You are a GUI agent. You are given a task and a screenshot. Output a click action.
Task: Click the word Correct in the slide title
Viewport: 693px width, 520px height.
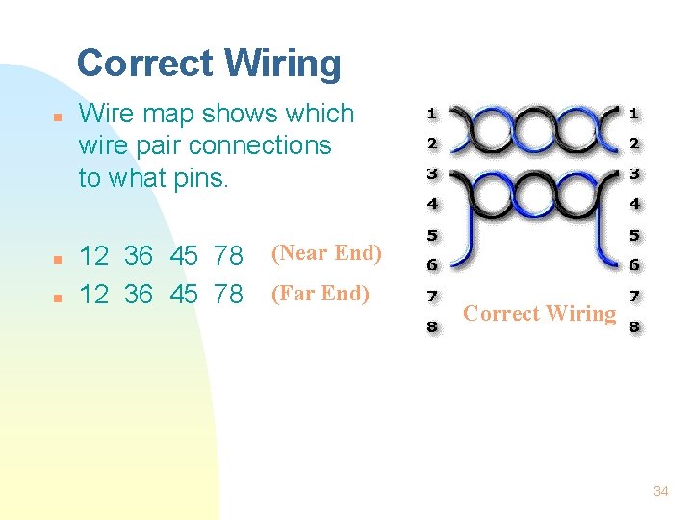pyautogui.click(x=145, y=65)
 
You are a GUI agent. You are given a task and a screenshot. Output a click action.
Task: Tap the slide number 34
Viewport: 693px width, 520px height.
pyautogui.click(x=660, y=491)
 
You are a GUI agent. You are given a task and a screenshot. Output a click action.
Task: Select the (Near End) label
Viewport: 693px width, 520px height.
pyautogui.click(x=326, y=254)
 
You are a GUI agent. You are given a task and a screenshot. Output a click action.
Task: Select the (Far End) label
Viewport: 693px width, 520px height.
pyautogui.click(x=321, y=293)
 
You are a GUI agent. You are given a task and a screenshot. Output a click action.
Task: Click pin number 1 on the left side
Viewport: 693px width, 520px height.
pyautogui.click(x=432, y=113)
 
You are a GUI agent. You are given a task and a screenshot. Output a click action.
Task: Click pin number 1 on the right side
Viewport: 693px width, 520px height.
pyautogui.click(x=633, y=113)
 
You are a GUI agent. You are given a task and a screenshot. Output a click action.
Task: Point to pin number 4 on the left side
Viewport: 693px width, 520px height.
pyautogui.click(x=432, y=203)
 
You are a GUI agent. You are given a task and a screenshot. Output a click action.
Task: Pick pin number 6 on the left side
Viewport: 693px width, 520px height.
pyautogui.click(x=432, y=265)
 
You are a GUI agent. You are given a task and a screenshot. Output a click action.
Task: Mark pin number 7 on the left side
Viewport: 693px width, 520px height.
pyautogui.click(x=432, y=296)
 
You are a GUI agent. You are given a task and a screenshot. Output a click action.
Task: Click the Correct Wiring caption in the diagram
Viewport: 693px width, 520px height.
pyautogui.click(x=539, y=313)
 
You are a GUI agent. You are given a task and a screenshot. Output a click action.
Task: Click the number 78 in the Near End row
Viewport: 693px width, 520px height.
pyautogui.click(x=229, y=257)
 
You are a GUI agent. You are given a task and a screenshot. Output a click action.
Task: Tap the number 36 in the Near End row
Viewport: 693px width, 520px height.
pyautogui.click(x=139, y=257)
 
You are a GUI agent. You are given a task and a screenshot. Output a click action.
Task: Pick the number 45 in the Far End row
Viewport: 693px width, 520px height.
pyautogui.click(x=184, y=295)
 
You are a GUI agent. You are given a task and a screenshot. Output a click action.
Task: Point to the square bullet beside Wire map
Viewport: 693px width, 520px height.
pyautogui.click(x=58, y=116)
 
